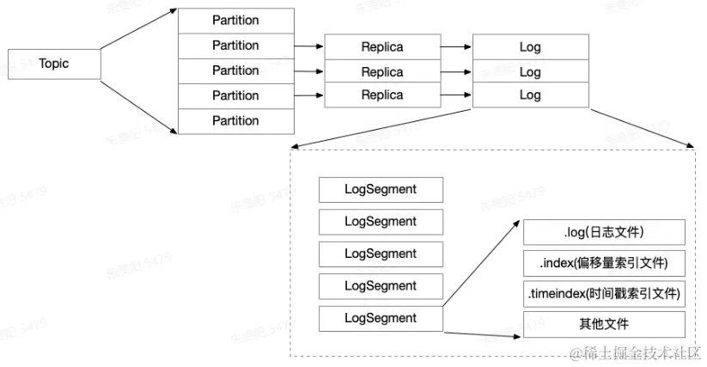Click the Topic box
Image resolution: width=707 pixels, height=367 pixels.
click(x=54, y=64)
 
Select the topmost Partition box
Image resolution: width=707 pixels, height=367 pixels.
click(x=235, y=20)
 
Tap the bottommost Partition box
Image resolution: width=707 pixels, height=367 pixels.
click(x=235, y=120)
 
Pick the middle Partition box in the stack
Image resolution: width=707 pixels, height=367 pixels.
click(x=235, y=70)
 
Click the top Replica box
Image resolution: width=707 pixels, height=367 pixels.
click(x=381, y=46)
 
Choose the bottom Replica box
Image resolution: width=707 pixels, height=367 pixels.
click(x=381, y=95)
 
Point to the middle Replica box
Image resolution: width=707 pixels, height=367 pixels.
click(x=381, y=71)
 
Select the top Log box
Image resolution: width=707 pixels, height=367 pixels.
click(x=530, y=46)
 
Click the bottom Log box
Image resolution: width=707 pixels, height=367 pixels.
click(x=530, y=95)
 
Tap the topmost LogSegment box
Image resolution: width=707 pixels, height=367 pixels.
click(x=381, y=190)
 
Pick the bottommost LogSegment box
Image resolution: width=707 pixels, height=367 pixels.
click(x=381, y=318)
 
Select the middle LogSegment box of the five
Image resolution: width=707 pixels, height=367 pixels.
click(x=381, y=254)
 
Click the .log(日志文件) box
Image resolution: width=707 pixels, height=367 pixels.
click(x=604, y=232)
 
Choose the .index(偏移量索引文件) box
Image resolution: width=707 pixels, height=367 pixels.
click(x=604, y=263)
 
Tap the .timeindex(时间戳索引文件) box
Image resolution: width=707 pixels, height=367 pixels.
click(x=604, y=294)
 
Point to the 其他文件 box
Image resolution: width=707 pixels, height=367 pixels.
click(x=604, y=324)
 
